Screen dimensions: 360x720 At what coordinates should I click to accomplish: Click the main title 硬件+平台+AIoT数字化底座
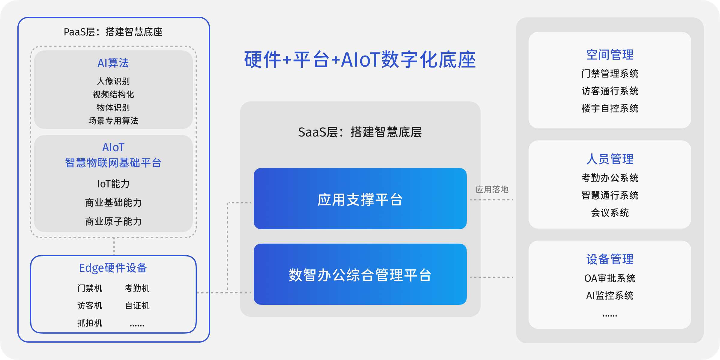pyautogui.click(x=360, y=59)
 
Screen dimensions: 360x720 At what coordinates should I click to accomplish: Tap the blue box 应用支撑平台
pyautogui.click(x=360, y=199)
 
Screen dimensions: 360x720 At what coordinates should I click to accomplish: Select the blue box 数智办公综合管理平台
pyautogui.click(x=360, y=274)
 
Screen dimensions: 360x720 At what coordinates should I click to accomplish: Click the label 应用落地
pyautogui.click(x=492, y=190)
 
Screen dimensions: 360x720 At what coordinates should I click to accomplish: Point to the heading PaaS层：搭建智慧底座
pyautogui.click(x=113, y=32)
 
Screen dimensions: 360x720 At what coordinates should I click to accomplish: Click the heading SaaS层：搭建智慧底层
pyautogui.click(x=360, y=132)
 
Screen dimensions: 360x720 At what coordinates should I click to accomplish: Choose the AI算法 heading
pyautogui.click(x=113, y=63)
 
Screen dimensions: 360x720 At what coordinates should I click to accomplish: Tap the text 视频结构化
pyautogui.click(x=113, y=94)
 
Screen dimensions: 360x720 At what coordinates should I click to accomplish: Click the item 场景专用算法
pyautogui.click(x=113, y=121)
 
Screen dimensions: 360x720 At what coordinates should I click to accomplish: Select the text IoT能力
pyautogui.click(x=113, y=184)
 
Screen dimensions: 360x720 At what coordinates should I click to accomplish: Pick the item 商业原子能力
pyautogui.click(x=113, y=221)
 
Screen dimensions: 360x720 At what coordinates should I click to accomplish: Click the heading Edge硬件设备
pyautogui.click(x=113, y=268)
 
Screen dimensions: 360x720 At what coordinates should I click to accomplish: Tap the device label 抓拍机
pyautogui.click(x=90, y=323)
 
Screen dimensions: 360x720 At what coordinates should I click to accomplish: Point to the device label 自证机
pyautogui.click(x=137, y=306)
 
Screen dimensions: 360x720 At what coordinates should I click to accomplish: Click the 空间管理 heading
pyautogui.click(x=610, y=55)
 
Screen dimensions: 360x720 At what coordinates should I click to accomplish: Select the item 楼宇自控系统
pyautogui.click(x=610, y=108)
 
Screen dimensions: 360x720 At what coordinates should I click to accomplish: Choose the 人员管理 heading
pyautogui.click(x=610, y=159)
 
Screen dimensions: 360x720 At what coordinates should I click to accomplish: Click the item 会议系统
pyautogui.click(x=610, y=213)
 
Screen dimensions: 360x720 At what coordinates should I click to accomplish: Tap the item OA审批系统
pyautogui.click(x=610, y=278)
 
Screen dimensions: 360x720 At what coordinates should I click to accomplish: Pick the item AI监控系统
pyautogui.click(x=610, y=295)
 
